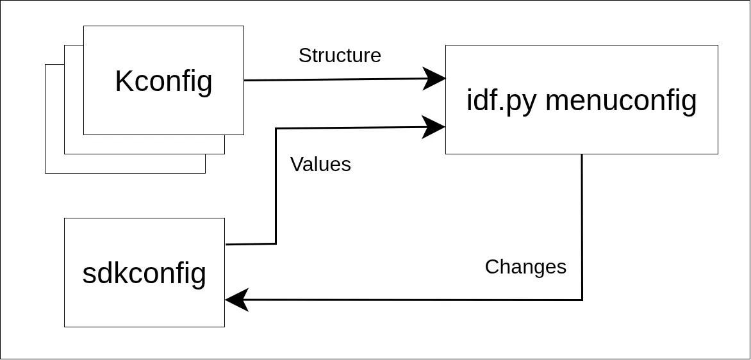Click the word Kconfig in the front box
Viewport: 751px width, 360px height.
coord(163,81)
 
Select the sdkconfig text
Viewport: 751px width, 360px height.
coord(144,274)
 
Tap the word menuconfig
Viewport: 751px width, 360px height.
coord(620,100)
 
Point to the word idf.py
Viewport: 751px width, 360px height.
coord(501,101)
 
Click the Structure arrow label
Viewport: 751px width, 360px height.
coord(340,56)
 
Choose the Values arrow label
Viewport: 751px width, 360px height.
coord(320,165)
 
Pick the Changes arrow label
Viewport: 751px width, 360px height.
coord(525,266)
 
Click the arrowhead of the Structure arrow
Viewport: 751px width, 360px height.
coord(436,79)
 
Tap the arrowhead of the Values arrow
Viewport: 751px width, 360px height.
coord(436,127)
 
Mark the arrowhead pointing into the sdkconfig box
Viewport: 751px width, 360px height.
coord(236,300)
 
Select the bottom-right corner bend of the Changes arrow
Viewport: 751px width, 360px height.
coord(582,300)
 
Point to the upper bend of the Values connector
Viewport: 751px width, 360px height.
coord(276,129)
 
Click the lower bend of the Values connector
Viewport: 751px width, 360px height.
coord(276,243)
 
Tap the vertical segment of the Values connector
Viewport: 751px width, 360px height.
coord(276,186)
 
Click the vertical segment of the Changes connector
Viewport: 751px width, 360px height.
coord(582,224)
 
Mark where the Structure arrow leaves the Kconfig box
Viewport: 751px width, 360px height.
coord(245,80)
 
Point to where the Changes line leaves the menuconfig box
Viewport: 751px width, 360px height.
coord(582,155)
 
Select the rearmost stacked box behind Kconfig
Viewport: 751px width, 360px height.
coord(54,163)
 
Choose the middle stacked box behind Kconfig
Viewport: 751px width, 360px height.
coord(74,144)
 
